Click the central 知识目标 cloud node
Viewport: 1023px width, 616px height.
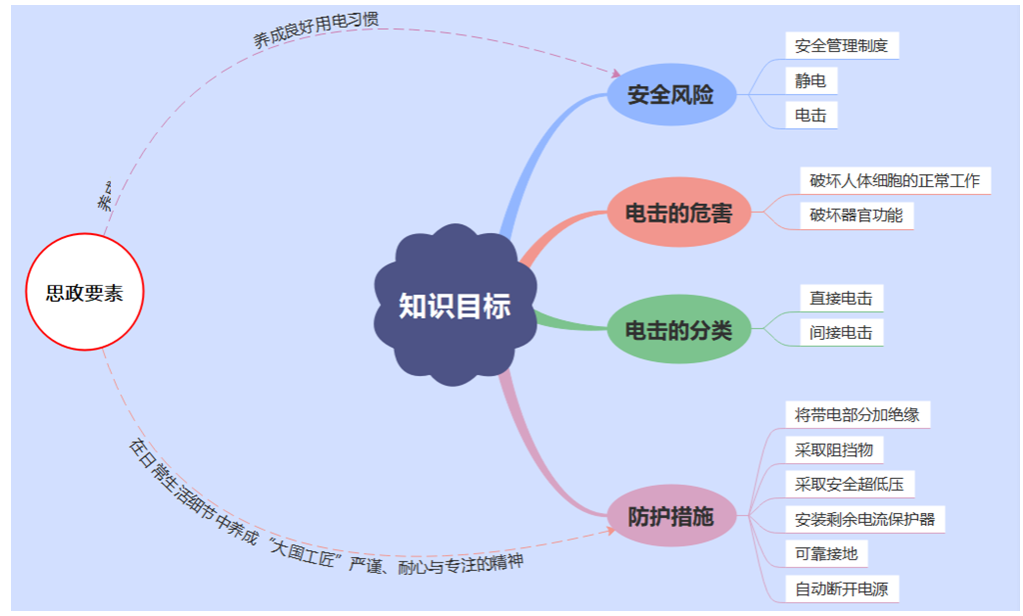(x=455, y=306)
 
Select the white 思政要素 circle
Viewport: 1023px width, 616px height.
(x=85, y=292)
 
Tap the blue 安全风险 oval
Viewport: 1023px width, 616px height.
(x=670, y=96)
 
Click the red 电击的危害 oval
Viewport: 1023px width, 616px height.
(x=678, y=213)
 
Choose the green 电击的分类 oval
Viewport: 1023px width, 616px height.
(x=678, y=330)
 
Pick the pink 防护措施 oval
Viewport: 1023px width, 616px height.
(x=670, y=517)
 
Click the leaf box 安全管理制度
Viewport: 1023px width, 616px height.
(x=841, y=46)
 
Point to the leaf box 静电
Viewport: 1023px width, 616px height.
(x=810, y=81)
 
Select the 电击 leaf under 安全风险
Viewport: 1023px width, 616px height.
(x=810, y=115)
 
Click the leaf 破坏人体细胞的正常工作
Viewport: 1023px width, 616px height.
(x=895, y=182)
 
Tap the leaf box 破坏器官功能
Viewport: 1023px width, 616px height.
(x=856, y=215)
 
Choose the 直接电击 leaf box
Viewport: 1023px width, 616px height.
(x=841, y=298)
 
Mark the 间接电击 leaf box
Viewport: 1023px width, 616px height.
(x=841, y=332)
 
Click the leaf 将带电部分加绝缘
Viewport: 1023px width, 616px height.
(x=857, y=415)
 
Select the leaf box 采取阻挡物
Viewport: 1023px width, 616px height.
(x=834, y=450)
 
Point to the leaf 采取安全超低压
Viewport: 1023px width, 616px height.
(x=849, y=485)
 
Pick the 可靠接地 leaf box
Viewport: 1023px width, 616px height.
(x=826, y=554)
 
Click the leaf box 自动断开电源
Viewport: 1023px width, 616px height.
(x=841, y=589)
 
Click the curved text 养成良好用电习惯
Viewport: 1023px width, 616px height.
(x=316, y=28)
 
